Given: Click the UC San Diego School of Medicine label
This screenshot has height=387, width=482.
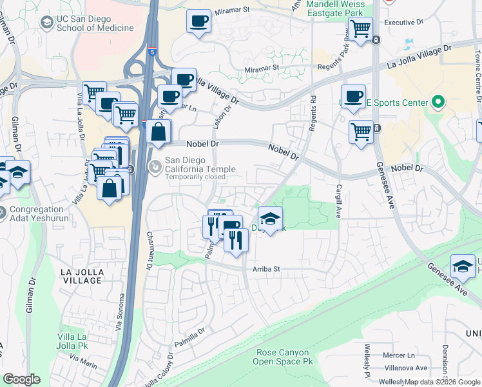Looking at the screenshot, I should pos(95,23).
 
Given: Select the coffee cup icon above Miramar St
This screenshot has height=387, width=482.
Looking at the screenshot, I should pos(198,21).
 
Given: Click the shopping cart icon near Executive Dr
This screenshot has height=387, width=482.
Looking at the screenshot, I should pos(361,29).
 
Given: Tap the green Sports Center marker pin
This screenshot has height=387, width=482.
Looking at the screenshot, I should pos(438,103).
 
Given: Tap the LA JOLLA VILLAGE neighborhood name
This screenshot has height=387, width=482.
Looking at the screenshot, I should pos(81,276).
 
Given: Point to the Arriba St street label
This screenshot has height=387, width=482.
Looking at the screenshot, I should pos(267,269).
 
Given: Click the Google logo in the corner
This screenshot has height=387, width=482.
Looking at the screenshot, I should pos(21,379).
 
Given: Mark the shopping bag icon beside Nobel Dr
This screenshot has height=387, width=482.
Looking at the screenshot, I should pos(158,133).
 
